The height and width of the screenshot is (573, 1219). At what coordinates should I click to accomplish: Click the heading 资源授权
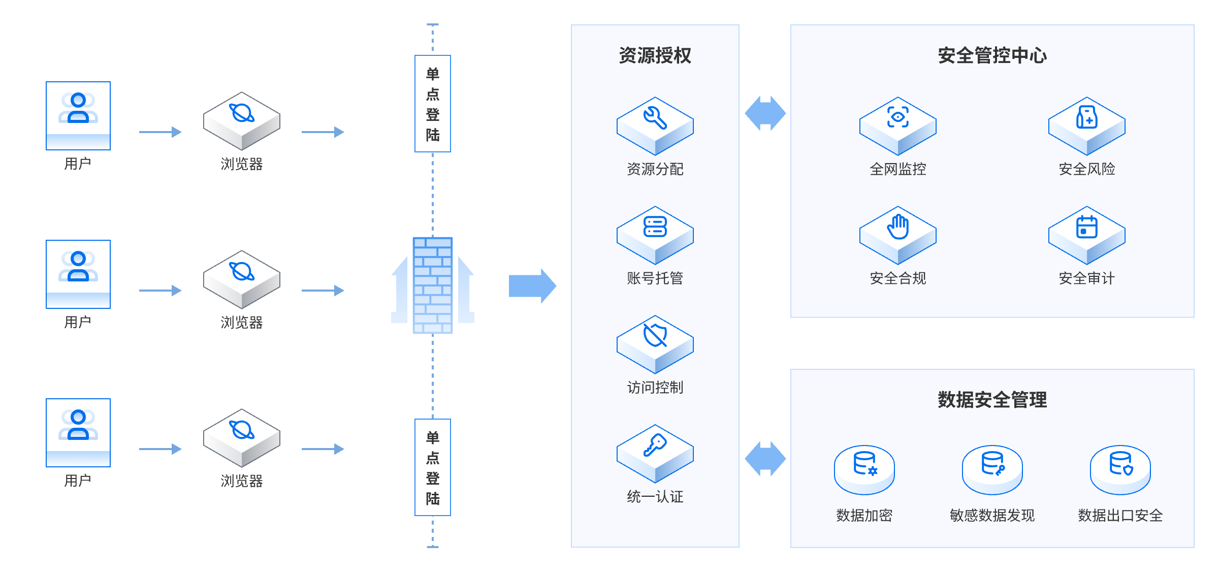(x=655, y=55)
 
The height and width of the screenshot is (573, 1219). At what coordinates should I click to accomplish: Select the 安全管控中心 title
(x=992, y=55)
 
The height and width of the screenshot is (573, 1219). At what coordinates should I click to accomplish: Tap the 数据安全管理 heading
(x=992, y=400)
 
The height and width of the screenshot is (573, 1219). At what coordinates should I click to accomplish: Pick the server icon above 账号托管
(x=655, y=227)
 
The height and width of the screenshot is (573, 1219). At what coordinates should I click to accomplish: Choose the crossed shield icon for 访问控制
(x=655, y=336)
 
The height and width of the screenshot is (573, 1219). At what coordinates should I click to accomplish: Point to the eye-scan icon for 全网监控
(x=897, y=117)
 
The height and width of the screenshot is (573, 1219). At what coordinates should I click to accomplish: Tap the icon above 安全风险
(x=1086, y=117)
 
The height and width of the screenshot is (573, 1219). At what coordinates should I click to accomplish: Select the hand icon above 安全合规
(x=897, y=227)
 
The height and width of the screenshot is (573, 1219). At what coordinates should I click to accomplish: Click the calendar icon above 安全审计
(x=1086, y=227)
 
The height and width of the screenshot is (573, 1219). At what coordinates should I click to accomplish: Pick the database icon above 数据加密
(x=864, y=463)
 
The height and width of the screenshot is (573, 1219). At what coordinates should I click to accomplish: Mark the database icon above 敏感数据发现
(x=992, y=463)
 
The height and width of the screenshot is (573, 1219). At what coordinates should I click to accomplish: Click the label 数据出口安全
(x=1120, y=516)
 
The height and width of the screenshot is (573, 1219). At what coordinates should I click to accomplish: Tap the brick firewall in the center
(x=433, y=285)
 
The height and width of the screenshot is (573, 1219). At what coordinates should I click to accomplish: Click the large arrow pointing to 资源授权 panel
(x=532, y=285)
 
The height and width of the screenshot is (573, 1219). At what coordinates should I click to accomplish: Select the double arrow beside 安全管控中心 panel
(x=765, y=113)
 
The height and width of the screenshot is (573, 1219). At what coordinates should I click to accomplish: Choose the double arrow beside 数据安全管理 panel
(x=765, y=458)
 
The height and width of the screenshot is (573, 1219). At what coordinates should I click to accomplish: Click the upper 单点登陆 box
(x=433, y=104)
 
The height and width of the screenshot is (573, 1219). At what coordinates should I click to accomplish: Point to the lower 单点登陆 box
(x=433, y=467)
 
